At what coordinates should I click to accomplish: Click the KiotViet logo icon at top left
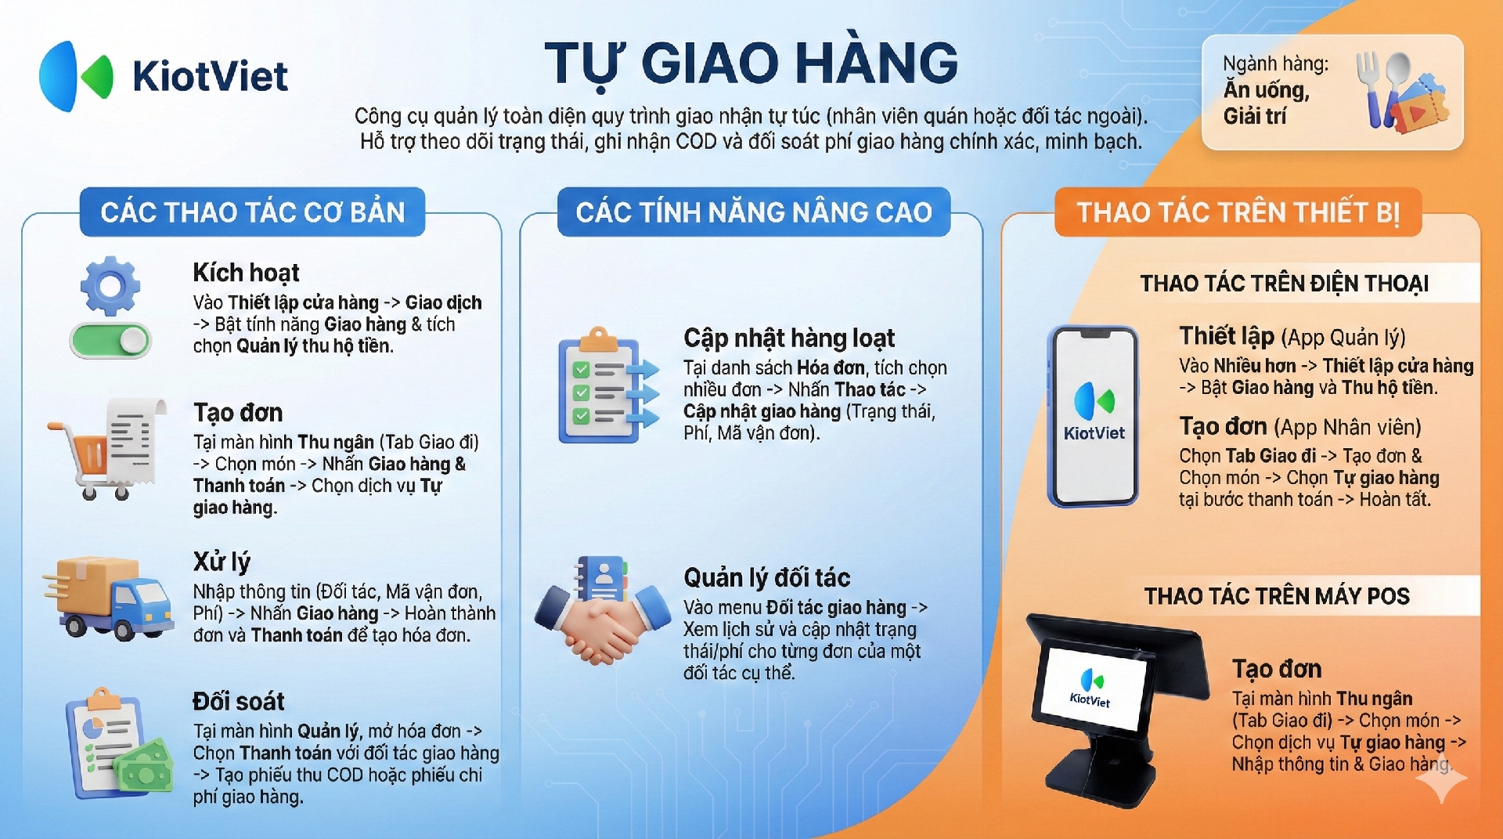coord(76,76)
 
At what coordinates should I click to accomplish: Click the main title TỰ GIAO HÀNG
coord(751,63)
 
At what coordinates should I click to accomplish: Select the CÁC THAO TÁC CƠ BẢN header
coord(252,212)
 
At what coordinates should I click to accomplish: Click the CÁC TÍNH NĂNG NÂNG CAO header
coord(754,212)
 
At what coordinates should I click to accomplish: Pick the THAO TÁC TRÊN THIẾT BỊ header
coord(1238,212)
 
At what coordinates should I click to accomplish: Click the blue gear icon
coord(110,286)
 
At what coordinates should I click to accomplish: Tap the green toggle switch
coord(110,341)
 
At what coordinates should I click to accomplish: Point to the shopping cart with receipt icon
coord(107,449)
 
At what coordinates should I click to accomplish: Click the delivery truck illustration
coord(108,598)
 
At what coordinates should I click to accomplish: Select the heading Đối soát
coord(239,701)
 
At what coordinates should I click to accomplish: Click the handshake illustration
coord(603,611)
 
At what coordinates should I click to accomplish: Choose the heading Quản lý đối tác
coord(766,578)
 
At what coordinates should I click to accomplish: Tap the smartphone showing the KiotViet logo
coord(1093,416)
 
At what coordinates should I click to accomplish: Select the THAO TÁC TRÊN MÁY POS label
coord(1277,596)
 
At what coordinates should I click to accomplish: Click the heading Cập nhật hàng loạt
coord(789,338)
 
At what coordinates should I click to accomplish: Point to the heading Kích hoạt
coord(246,273)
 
